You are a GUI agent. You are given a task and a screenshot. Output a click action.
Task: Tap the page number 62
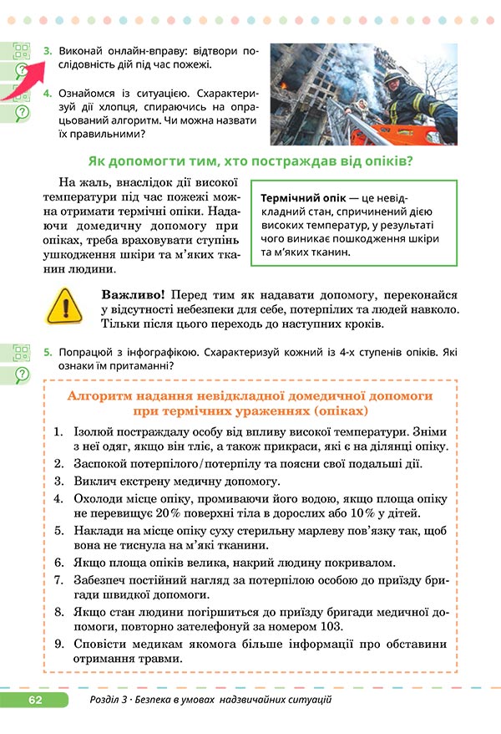coord(34,699)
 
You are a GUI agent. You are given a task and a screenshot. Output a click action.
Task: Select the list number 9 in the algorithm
coord(58,645)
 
